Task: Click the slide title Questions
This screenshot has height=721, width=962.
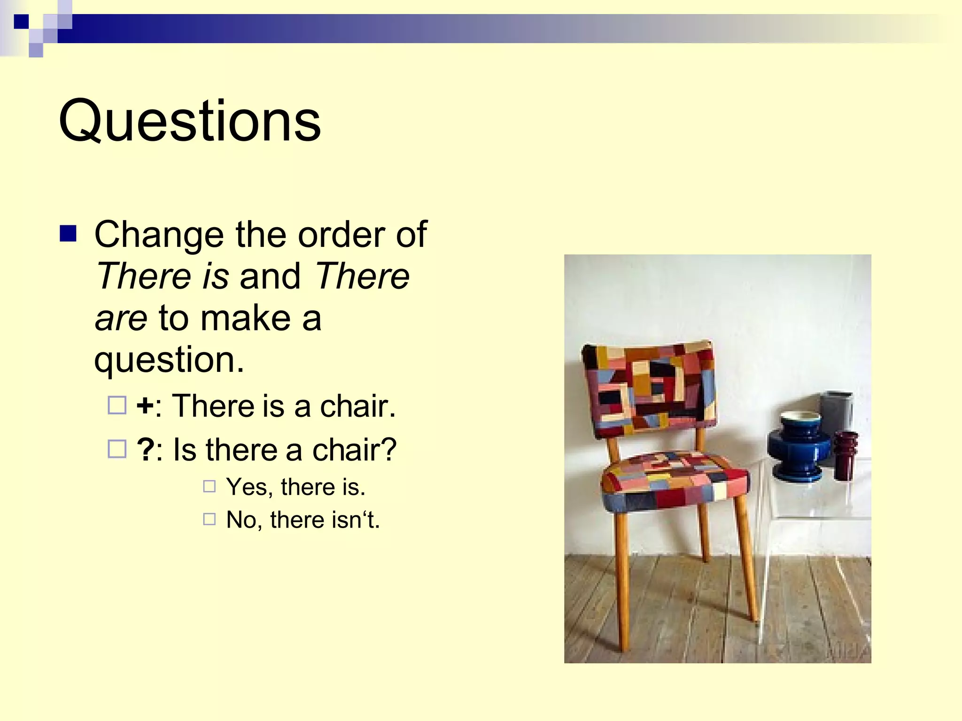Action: point(190,121)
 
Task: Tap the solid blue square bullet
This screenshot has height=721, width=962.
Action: point(68,233)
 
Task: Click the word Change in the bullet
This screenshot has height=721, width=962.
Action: point(159,235)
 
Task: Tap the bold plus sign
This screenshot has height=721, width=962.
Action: point(145,406)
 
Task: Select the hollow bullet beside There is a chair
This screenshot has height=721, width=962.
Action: point(117,405)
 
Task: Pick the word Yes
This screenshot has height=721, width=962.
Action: point(247,487)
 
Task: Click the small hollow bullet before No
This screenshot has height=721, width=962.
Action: point(209,519)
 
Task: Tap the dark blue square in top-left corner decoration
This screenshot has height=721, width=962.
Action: point(21,22)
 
